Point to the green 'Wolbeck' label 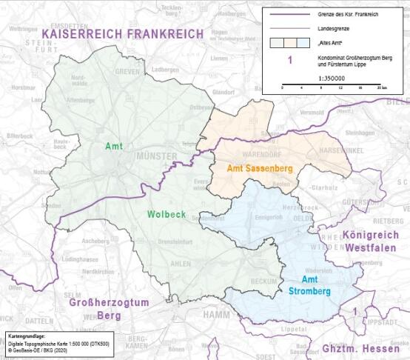(167, 216)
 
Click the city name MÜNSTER (156, 156)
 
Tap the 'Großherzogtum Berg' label (109, 309)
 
